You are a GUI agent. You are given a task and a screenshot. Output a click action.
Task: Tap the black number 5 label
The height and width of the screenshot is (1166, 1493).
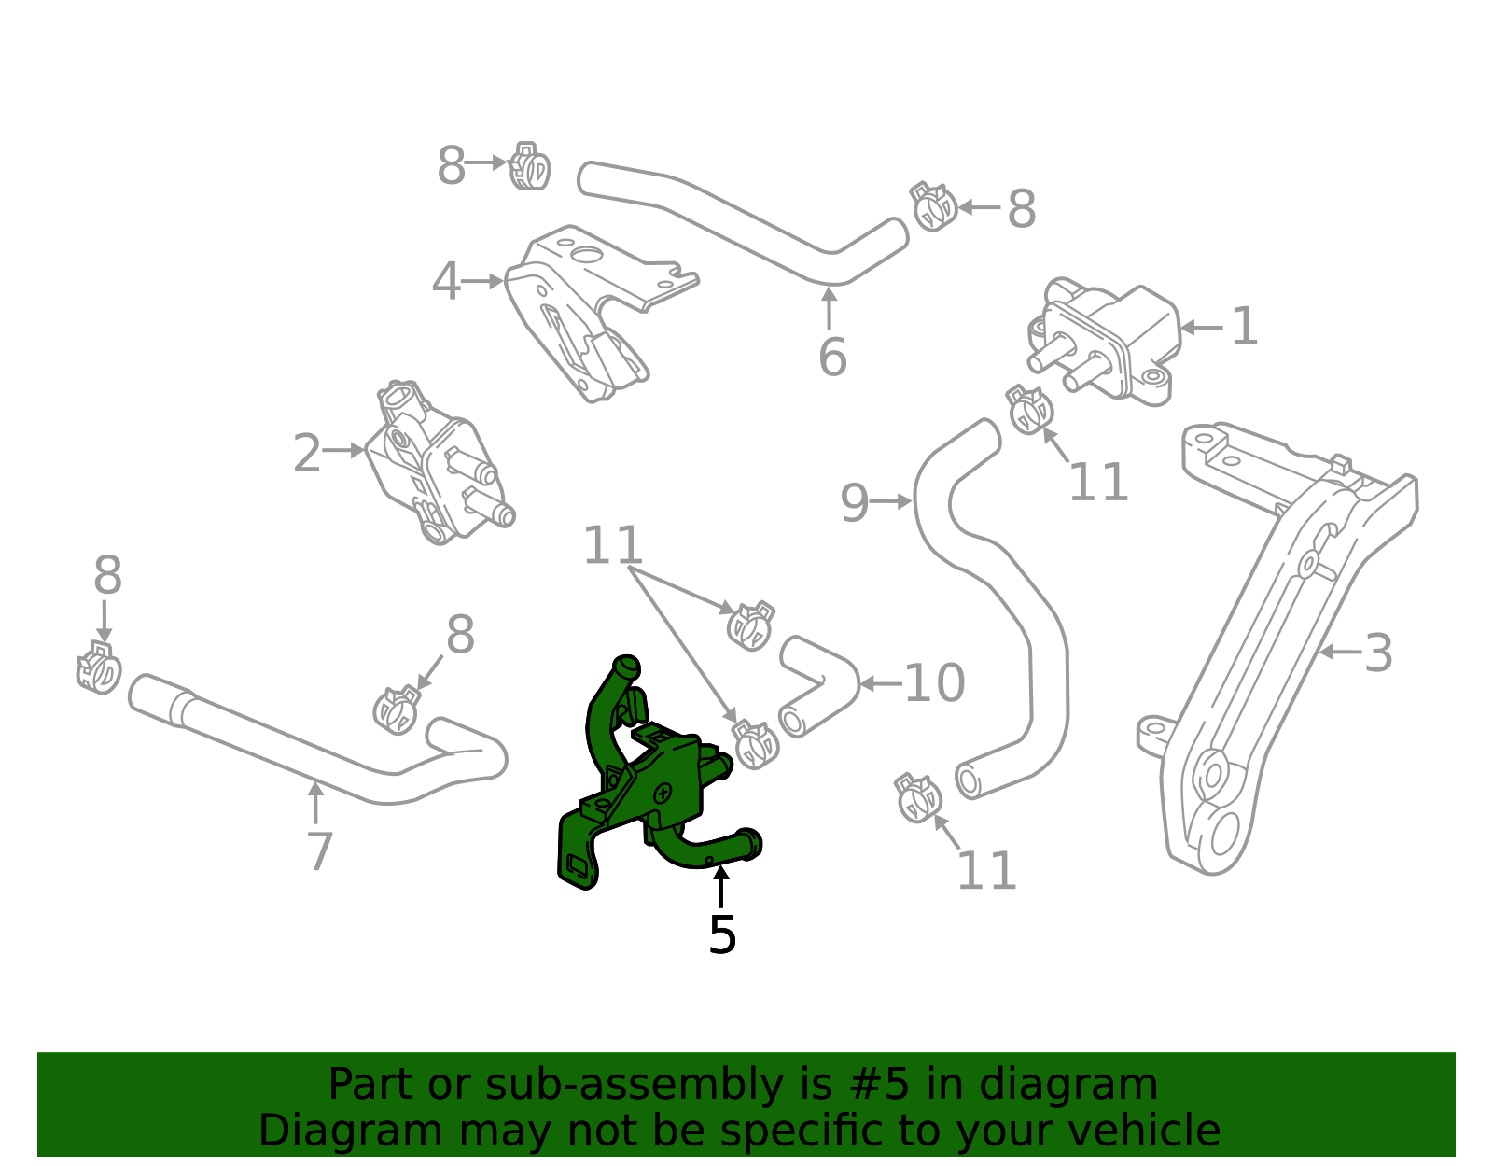[722, 934]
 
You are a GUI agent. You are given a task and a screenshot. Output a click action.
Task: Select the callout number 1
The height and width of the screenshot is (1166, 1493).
[1244, 328]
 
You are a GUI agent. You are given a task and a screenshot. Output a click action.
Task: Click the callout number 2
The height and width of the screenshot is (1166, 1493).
[306, 455]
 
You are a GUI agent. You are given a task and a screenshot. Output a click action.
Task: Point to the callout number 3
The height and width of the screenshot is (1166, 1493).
[1377, 653]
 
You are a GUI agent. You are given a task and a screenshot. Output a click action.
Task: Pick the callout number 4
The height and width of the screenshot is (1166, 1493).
[446, 282]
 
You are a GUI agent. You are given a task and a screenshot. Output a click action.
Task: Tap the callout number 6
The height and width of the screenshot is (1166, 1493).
[831, 358]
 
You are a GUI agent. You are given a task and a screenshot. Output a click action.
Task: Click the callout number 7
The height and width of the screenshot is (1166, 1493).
[319, 851]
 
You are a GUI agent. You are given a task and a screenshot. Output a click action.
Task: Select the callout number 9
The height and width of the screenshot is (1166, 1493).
[854, 503]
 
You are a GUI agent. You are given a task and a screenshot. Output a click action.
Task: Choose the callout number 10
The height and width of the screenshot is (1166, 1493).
[934, 684]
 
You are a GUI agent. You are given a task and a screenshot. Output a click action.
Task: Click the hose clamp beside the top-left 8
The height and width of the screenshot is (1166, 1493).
[530, 167]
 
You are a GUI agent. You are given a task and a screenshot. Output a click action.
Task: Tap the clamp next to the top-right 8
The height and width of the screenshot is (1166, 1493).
[933, 207]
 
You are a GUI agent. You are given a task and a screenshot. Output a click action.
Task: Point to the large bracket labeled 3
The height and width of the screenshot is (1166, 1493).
[1288, 635]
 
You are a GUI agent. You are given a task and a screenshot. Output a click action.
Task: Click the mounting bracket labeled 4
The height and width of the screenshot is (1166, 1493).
[588, 308]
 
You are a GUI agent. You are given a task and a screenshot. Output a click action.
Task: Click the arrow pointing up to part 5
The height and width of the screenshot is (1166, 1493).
[720, 887]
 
